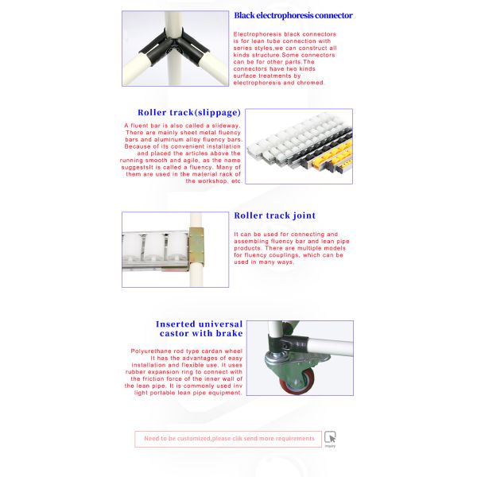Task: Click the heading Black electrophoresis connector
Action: pos(293,15)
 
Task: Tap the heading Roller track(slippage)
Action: pos(188,113)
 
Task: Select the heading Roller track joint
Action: pos(274,215)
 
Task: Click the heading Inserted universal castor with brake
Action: pos(199,328)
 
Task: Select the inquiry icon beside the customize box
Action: pos(330,437)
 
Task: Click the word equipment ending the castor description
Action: pos(220,393)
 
